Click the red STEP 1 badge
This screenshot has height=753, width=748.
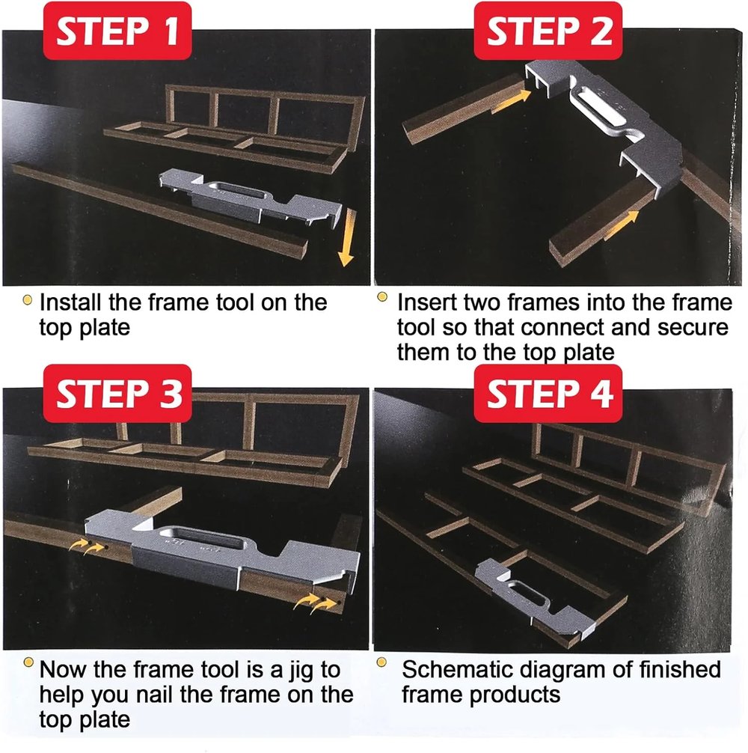(119, 31)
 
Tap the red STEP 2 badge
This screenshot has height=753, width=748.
(549, 31)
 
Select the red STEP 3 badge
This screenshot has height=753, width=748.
(119, 393)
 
